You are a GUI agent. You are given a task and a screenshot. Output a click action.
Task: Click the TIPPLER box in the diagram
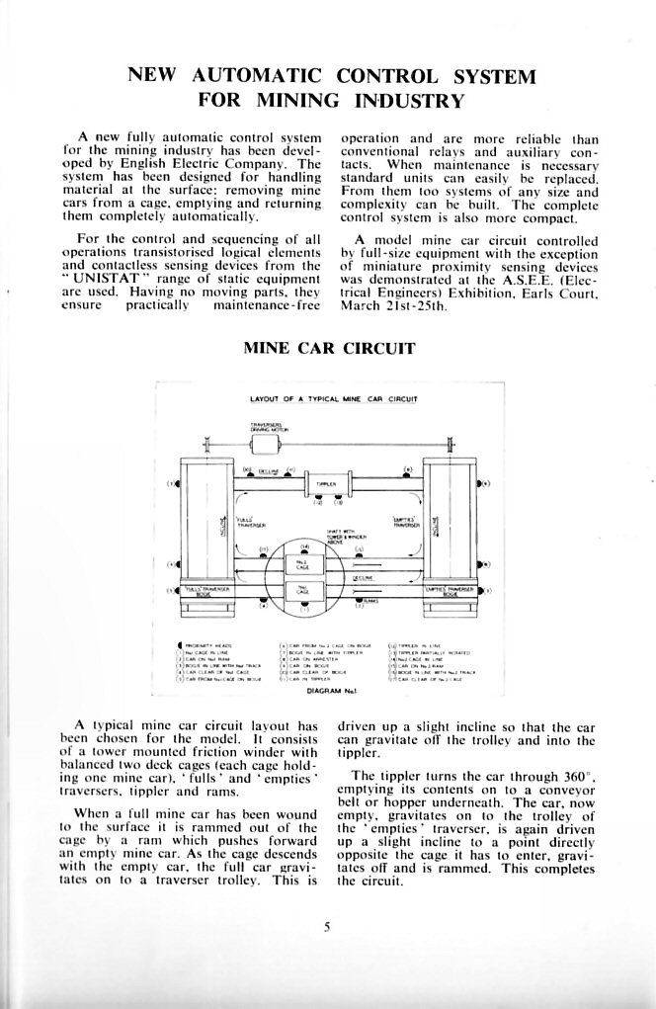coord(327,484)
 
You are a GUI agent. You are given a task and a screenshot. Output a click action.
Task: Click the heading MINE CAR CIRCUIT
coord(328,348)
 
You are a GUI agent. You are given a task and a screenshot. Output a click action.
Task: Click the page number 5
coord(327,926)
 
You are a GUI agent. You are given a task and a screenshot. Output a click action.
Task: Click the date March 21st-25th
coord(394,306)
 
